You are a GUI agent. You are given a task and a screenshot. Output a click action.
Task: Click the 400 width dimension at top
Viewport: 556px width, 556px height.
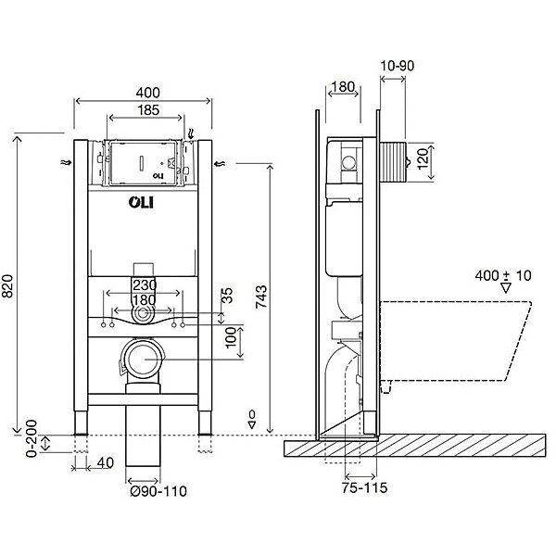click(148, 93)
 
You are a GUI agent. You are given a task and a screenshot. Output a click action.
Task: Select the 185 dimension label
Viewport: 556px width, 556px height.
click(148, 110)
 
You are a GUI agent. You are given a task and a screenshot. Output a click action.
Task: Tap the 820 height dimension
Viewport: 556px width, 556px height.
click(7, 285)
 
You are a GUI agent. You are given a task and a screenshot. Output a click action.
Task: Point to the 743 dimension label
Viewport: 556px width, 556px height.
click(261, 297)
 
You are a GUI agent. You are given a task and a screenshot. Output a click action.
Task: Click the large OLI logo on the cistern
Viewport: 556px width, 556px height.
click(141, 202)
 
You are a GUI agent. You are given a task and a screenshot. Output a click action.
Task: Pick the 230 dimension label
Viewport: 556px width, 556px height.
click(145, 284)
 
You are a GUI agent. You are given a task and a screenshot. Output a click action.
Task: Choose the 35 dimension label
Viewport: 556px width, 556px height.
click(227, 296)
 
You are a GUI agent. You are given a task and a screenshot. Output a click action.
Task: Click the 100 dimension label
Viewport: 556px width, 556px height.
click(231, 337)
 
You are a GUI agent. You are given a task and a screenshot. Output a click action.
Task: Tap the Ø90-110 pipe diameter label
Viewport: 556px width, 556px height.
click(158, 491)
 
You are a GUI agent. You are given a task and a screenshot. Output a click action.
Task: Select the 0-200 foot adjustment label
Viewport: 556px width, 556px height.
click(32, 438)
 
